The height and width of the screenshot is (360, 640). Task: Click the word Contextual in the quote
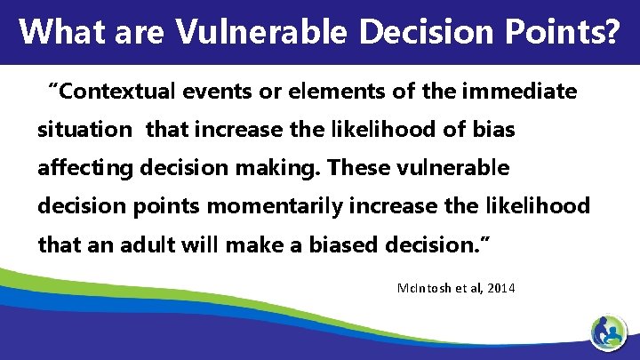[115, 92]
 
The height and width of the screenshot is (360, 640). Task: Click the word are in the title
[135, 31]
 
